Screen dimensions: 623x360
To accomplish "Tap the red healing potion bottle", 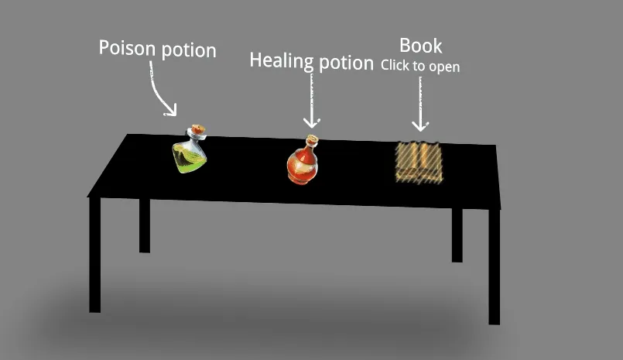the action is pos(303,160).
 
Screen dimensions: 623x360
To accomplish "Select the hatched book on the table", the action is pos(419,163).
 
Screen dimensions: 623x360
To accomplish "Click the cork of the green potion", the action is pos(198,129).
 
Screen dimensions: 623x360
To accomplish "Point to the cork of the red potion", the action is pos(313,139).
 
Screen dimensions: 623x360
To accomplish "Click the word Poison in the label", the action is pos(127,48).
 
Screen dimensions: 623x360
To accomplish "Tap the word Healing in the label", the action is pos(282,60).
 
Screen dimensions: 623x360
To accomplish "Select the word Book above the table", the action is pos(420,46).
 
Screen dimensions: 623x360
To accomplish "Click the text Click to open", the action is pos(420,66).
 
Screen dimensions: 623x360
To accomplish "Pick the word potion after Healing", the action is pos(346,63).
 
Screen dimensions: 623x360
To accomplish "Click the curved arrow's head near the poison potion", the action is pos(171,110).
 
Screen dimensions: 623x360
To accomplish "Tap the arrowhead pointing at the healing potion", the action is pos(311,123).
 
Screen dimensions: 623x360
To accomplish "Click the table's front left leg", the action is pos(94,255).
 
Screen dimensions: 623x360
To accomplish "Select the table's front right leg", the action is pos(494,266).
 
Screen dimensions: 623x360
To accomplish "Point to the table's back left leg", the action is pos(145,226).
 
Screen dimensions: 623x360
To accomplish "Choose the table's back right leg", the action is pos(457,235).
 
